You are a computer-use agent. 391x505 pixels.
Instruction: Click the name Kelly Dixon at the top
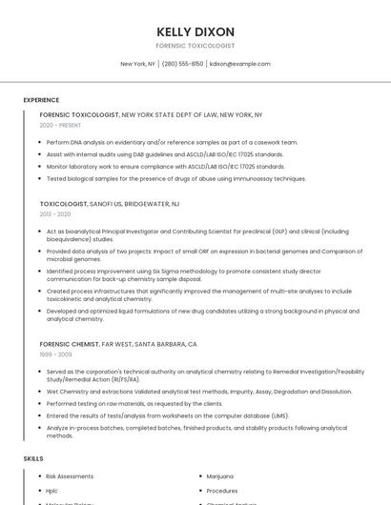(195, 31)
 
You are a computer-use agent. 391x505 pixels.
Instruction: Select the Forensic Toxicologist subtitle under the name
(195, 46)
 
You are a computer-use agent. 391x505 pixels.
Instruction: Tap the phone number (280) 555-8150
(182, 64)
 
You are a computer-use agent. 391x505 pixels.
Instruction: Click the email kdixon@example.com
(240, 64)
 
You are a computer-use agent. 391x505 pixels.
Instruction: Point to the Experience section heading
(41, 100)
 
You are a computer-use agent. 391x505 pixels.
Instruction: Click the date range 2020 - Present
(60, 125)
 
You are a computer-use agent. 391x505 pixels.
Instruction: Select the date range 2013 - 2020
(55, 214)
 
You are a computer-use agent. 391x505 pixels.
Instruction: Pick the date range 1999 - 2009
(55, 353)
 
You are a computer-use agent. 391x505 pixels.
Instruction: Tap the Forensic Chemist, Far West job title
(118, 343)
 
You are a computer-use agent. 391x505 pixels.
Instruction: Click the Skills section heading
(33, 458)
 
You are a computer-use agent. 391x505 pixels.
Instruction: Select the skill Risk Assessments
(70, 475)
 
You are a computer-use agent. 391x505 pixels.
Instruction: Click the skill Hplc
(52, 491)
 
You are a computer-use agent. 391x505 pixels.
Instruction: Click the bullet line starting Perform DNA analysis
(172, 142)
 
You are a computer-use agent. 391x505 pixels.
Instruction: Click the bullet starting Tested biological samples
(175, 178)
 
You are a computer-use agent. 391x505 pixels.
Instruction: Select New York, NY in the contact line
(137, 64)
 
